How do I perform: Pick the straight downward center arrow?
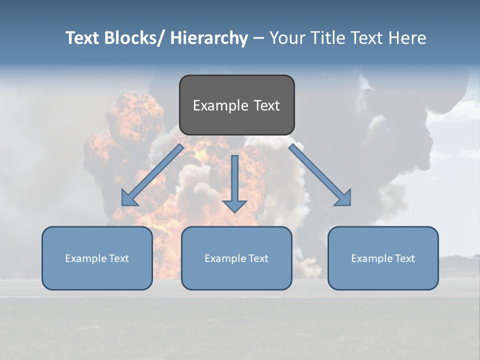(234, 180)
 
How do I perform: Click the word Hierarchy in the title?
(208, 38)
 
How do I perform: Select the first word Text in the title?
(82, 38)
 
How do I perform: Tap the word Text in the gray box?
(266, 105)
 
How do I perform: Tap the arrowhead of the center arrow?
(234, 206)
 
